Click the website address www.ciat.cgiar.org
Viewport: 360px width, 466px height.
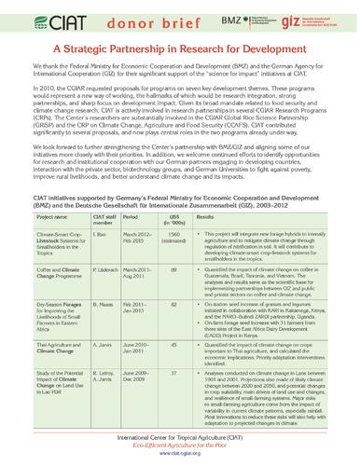tap(179, 458)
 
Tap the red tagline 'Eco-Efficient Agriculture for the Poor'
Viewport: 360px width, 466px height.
tap(179, 448)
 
